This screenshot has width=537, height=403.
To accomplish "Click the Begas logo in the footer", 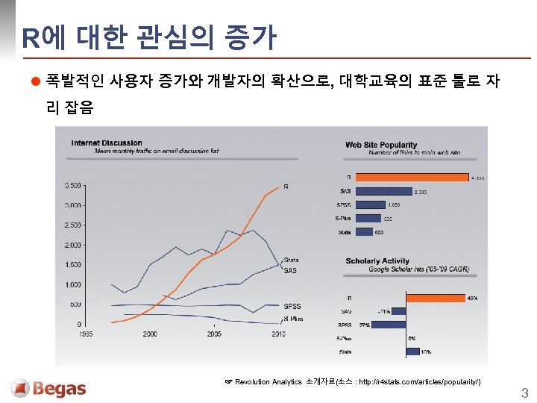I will [49, 389].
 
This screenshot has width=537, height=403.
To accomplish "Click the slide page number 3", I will [524, 393].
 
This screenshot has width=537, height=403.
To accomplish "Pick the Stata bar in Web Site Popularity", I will [364, 232].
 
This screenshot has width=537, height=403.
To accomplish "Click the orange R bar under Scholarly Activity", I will [411, 298].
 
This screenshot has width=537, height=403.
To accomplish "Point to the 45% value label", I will [472, 298].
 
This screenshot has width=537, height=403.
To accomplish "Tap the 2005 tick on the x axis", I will [214, 334].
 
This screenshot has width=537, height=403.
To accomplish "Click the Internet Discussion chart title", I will [107, 143].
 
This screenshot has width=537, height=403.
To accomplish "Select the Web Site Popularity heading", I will [380, 145].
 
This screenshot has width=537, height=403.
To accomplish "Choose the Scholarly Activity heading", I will [377, 261].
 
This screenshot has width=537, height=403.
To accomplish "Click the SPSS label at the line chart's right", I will [292, 306].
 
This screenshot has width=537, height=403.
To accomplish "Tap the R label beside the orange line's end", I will [286, 187].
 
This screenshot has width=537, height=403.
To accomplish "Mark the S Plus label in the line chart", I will [293, 319].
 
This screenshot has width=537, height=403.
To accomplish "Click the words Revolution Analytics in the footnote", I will [269, 381].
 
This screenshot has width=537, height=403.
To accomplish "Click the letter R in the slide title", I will [29, 38].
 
